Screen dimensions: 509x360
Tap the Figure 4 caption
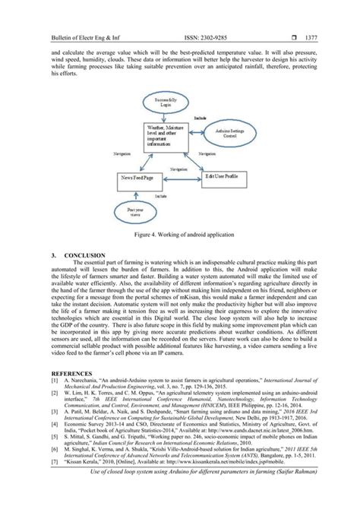click(x=180, y=236)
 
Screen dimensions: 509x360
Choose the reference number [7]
click(x=53, y=482)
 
